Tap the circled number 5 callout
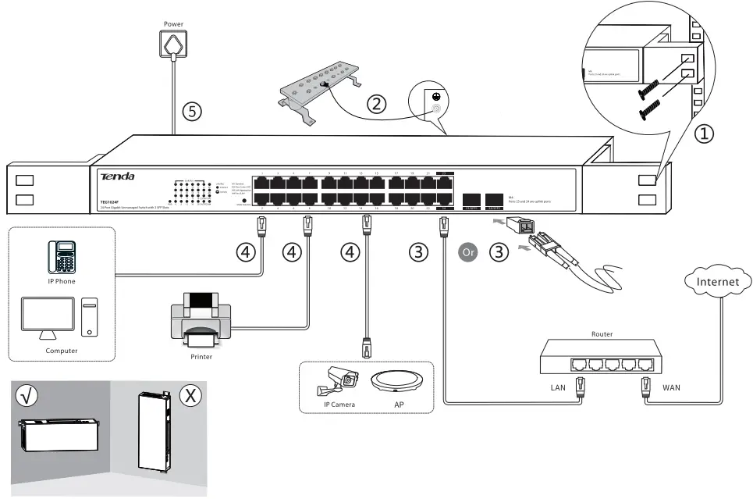tap(192, 111)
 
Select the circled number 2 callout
tap(377, 103)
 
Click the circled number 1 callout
tap(704, 134)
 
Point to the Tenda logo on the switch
tap(117, 177)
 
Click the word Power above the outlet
tap(173, 24)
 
